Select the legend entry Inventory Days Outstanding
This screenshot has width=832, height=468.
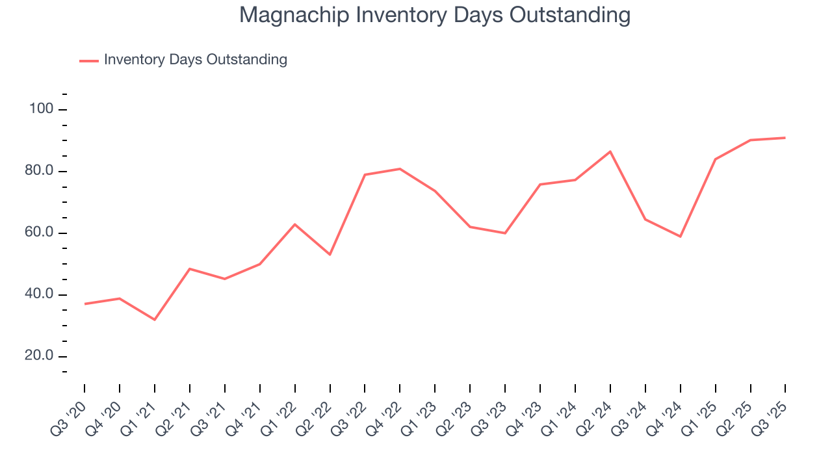pyautogui.click(x=195, y=60)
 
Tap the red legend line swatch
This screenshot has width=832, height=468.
pyautogui.click(x=88, y=60)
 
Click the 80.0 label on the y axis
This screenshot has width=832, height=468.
pyautogui.click(x=40, y=172)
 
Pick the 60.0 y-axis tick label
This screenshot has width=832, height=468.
pyautogui.click(x=40, y=233)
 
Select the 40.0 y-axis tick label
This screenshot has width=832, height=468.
pyautogui.click(x=40, y=295)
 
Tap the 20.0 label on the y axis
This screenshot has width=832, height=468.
pyautogui.click(x=40, y=357)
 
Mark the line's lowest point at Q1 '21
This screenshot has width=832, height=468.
pyautogui.click(x=155, y=320)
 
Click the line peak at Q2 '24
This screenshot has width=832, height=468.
pyautogui.click(x=610, y=151)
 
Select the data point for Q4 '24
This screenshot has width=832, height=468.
pyautogui.click(x=681, y=237)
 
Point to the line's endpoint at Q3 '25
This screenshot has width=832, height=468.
pyautogui.click(x=785, y=138)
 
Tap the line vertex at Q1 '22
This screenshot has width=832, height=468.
pyautogui.click(x=295, y=224)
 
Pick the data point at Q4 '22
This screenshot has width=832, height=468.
pyautogui.click(x=400, y=169)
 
